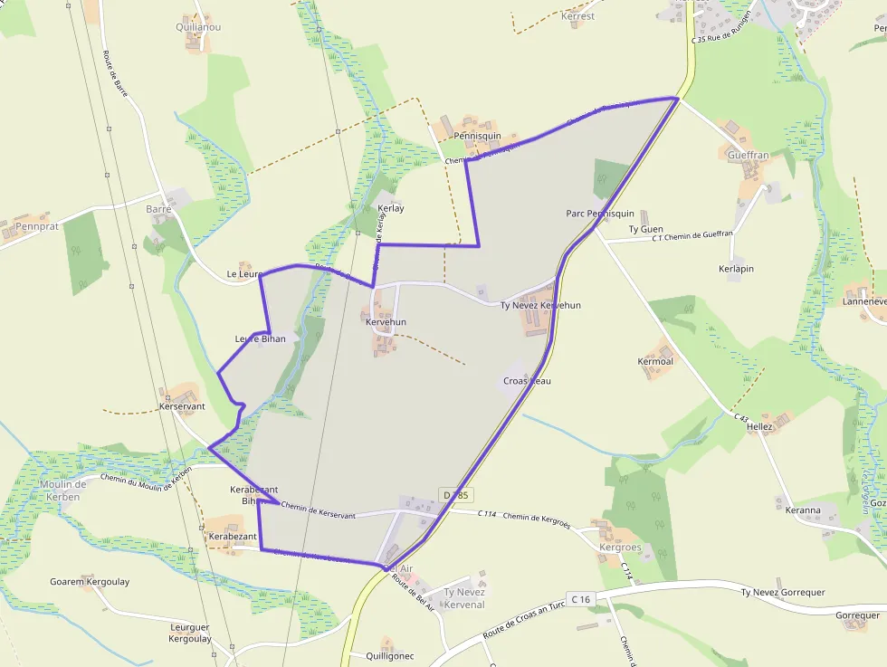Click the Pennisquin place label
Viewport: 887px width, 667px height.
[x=478, y=136]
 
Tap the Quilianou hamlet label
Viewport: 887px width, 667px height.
[x=198, y=27]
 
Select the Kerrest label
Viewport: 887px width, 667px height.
[x=578, y=16]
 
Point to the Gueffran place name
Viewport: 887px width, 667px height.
[x=748, y=155]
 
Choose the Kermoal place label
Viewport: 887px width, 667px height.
[x=655, y=362]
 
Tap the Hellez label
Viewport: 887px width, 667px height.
[x=759, y=426]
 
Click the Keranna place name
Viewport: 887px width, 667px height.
[x=803, y=510]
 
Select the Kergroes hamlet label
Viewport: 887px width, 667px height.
[x=620, y=548]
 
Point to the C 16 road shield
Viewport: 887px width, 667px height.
[x=580, y=599]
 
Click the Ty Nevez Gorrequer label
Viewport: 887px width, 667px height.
[x=783, y=593]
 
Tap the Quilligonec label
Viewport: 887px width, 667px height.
[x=390, y=656]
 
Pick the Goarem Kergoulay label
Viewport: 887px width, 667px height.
[x=90, y=582]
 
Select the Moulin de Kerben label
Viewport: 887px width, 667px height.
[x=63, y=491]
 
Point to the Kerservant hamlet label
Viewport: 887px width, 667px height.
[x=182, y=406]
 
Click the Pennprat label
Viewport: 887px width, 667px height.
[x=37, y=226]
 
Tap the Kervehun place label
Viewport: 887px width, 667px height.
[x=386, y=322]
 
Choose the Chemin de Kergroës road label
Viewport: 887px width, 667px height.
[x=537, y=519]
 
